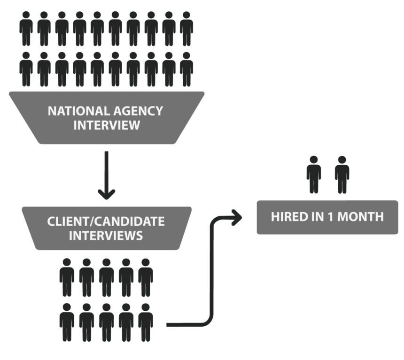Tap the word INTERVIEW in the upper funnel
(107, 125)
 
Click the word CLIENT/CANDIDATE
(106, 221)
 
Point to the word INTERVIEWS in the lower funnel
(106, 235)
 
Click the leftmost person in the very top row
(26, 28)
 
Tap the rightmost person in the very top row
(186, 28)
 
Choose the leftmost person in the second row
(26, 69)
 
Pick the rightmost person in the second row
(186, 69)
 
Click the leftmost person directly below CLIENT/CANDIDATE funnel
(67, 277)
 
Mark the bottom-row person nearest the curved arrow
(146, 322)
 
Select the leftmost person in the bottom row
(67, 322)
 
